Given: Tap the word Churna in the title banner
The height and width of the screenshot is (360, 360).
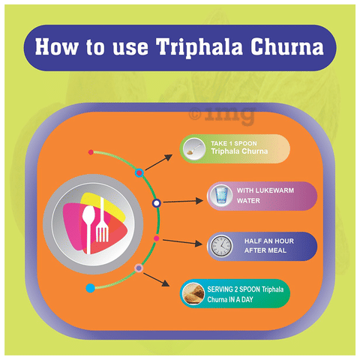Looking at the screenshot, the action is [287, 46].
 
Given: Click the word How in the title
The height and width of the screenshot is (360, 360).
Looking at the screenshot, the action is [56, 46].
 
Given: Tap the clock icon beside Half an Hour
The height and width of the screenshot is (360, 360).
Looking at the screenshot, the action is [221, 246].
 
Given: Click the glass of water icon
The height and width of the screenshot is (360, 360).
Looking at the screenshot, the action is [221, 195].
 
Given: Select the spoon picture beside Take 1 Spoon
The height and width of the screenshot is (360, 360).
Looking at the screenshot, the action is [194, 149].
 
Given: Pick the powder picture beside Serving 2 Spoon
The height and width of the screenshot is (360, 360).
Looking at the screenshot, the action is [193, 293].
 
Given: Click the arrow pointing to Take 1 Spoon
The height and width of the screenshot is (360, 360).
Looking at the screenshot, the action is [159, 162].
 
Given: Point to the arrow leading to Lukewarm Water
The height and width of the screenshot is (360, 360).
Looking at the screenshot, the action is [183, 201].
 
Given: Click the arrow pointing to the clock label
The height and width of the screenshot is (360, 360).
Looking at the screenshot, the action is [182, 242].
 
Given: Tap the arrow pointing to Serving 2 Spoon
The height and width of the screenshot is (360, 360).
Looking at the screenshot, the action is [157, 280].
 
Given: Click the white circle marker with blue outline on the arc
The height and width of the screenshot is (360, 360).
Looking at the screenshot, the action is [157, 203].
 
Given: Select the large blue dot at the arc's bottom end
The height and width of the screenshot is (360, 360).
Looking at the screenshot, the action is [90, 288].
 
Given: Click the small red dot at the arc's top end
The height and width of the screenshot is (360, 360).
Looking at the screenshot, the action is [91, 152].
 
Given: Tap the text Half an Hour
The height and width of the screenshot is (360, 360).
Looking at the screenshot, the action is [269, 241].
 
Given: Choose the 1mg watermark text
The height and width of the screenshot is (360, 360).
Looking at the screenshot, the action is [223, 115].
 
